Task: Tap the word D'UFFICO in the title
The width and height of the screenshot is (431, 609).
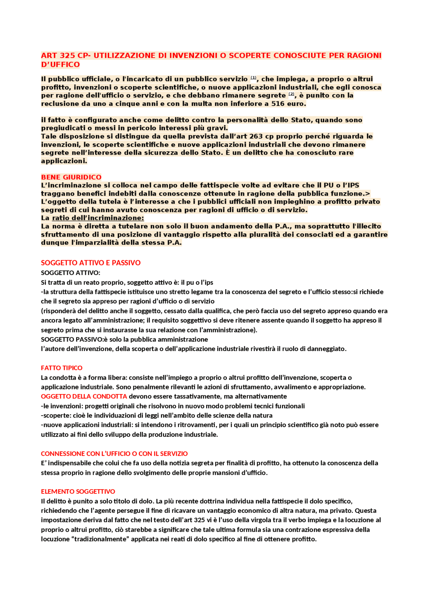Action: (61, 65)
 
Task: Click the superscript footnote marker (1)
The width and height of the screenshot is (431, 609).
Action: (253, 78)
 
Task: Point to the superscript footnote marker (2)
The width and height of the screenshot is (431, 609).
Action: (291, 94)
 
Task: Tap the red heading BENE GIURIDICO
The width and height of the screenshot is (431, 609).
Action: (71, 177)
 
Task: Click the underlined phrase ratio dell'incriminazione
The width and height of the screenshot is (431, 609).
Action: (98, 218)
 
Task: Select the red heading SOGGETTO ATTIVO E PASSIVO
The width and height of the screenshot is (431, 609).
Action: (91, 263)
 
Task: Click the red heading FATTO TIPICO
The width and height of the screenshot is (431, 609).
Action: (62, 368)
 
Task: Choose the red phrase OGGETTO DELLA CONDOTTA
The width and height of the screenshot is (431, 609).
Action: (84, 396)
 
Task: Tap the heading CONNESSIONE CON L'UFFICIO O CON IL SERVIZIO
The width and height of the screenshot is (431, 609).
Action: (114, 454)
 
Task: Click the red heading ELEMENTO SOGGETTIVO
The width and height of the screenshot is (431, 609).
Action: (78, 491)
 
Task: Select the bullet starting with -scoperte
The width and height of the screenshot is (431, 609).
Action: (157, 415)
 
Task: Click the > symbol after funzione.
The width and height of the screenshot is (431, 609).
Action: (368, 193)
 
